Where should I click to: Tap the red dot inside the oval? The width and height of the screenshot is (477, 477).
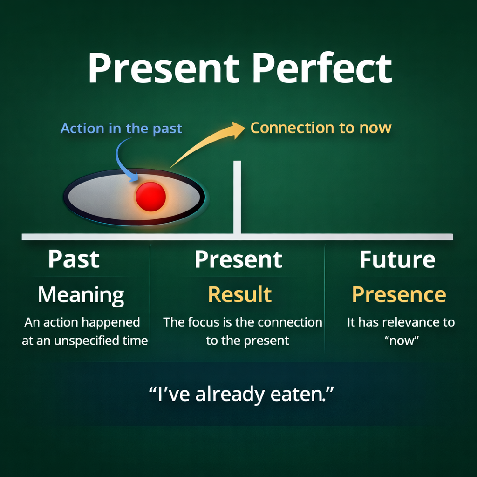tap(150, 197)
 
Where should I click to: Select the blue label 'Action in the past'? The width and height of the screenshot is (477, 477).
tap(121, 129)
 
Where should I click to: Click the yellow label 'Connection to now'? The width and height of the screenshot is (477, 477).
tap(320, 128)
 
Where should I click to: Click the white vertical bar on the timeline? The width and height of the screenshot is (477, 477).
tap(237, 197)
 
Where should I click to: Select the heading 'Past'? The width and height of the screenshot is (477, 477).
tap(74, 259)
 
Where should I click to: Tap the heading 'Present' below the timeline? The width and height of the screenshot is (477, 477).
tap(238, 259)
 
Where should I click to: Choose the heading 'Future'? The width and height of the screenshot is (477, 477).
tap(397, 259)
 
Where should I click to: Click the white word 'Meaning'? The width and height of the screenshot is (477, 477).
tap(81, 295)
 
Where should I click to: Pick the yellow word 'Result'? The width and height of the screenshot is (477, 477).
tap(240, 294)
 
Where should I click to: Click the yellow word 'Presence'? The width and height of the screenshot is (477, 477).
tap(399, 294)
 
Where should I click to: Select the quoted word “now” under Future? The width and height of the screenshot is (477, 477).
tap(402, 341)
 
